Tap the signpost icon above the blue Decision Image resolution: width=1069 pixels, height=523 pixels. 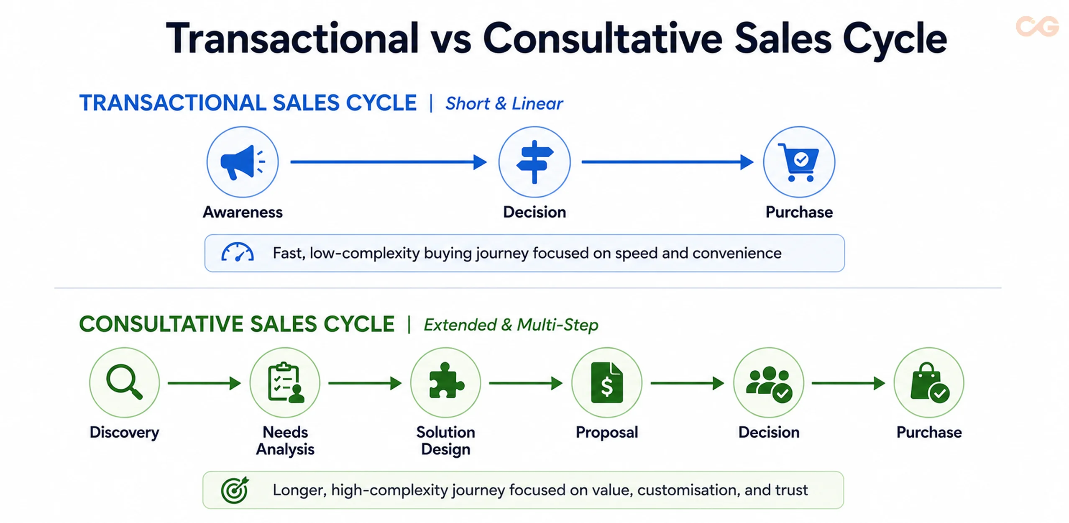(x=534, y=162)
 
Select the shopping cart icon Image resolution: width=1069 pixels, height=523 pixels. (x=798, y=162)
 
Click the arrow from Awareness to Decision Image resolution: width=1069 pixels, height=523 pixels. (x=389, y=162)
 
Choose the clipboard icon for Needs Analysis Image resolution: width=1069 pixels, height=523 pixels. (x=286, y=382)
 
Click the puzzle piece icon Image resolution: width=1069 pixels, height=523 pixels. (x=446, y=380)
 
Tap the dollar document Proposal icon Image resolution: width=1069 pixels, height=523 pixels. (x=606, y=382)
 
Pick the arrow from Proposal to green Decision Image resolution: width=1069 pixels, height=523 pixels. (x=687, y=383)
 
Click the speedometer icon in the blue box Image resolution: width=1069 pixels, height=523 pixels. (x=237, y=252)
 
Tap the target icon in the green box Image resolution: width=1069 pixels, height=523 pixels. (x=235, y=490)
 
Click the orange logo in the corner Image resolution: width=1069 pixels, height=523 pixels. (x=1037, y=26)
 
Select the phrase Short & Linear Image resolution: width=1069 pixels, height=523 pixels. (x=504, y=104)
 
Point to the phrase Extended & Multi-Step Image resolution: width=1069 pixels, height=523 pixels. (x=511, y=325)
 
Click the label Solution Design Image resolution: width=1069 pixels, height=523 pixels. (x=446, y=441)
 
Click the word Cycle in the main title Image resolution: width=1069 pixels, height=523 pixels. (x=895, y=39)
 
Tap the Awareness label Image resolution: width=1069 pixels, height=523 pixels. (x=243, y=212)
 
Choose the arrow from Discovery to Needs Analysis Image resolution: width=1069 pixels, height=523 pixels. (x=205, y=383)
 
